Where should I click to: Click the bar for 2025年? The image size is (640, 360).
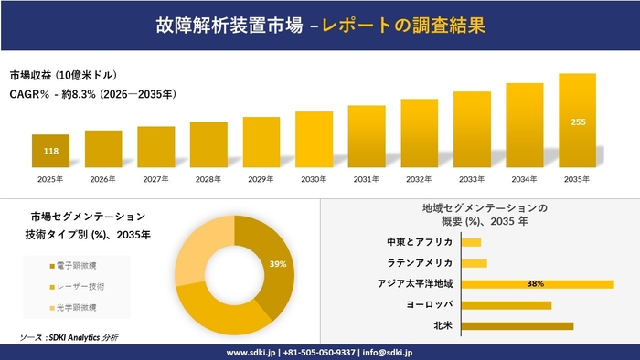(x=50, y=152)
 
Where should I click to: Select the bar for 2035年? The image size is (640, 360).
(x=577, y=122)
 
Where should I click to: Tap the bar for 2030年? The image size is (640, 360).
(x=314, y=140)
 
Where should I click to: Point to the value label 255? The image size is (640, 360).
(x=578, y=122)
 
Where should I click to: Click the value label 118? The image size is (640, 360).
(x=51, y=152)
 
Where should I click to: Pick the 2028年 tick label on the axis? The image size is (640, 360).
(x=208, y=179)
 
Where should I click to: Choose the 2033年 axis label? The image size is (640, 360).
(x=472, y=179)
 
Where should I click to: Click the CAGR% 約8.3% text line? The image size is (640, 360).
(x=91, y=93)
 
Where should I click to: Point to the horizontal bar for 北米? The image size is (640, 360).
(x=517, y=325)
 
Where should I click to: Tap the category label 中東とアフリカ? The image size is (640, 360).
(x=421, y=242)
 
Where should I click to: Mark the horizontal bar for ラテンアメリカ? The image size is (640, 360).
(x=475, y=263)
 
